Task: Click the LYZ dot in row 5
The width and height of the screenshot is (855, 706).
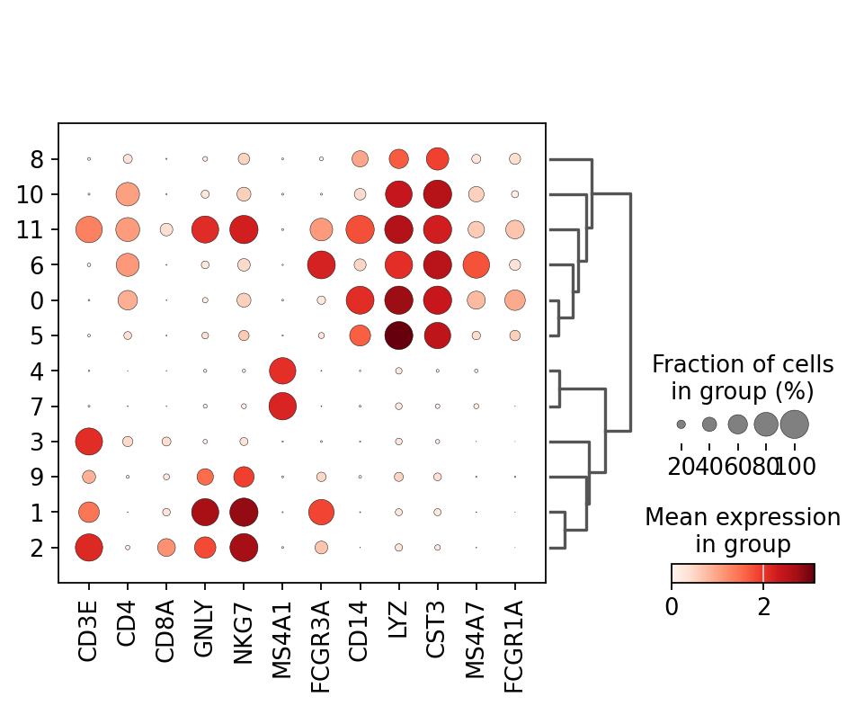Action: coord(398,335)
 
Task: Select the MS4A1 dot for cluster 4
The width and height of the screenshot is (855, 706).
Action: coord(282,371)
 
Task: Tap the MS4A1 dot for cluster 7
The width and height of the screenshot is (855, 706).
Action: coord(282,406)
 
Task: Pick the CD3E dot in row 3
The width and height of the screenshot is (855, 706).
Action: coord(88,442)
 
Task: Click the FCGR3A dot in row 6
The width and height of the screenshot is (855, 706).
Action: coord(321,264)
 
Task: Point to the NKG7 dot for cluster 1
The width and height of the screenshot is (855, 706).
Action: coord(244,512)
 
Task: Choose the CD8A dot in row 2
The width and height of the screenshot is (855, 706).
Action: coord(166,547)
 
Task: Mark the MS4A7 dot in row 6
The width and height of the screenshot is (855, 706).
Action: coord(476,264)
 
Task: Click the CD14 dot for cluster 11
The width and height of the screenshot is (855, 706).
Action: coord(360,229)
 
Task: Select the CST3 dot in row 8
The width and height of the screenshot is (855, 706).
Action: coord(437,159)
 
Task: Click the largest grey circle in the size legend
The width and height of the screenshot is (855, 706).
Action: coord(795,424)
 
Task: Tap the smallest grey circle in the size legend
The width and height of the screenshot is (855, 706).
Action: coord(681,424)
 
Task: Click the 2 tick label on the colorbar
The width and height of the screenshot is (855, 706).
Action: coord(764,606)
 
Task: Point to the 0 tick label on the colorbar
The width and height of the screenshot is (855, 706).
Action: coord(672,606)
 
